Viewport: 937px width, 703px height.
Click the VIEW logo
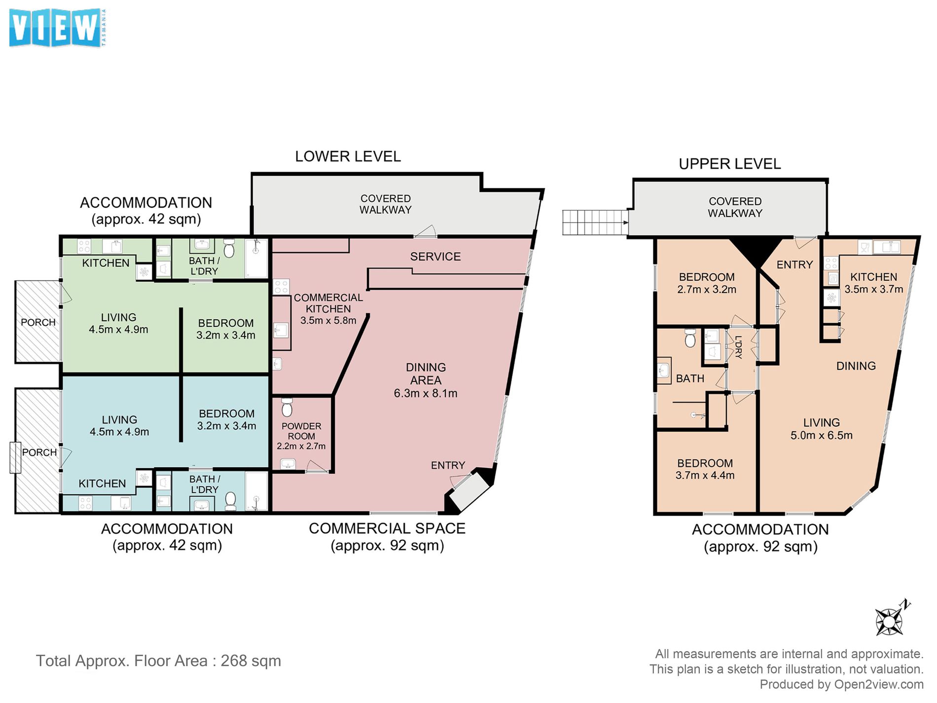[57, 28]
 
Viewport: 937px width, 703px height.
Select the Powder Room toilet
[287, 407]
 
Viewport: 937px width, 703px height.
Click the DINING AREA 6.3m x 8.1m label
[426, 380]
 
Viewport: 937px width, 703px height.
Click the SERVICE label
[435, 257]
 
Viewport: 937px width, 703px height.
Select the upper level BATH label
[690, 378]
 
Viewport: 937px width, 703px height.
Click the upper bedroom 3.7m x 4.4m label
[705, 469]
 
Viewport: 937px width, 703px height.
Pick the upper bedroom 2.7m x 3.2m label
[707, 283]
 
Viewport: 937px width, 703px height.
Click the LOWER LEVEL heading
[348, 156]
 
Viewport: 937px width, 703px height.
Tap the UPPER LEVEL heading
[730, 164]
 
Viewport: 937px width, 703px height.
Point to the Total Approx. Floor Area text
[158, 661]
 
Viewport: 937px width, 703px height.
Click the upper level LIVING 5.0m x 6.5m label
[822, 429]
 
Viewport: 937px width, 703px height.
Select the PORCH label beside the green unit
[38, 322]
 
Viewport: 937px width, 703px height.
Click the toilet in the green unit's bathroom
[229, 248]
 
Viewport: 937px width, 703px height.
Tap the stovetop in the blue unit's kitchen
[85, 503]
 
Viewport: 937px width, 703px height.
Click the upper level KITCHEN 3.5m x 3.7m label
[874, 283]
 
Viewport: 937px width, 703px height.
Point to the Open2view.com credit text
[841, 684]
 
